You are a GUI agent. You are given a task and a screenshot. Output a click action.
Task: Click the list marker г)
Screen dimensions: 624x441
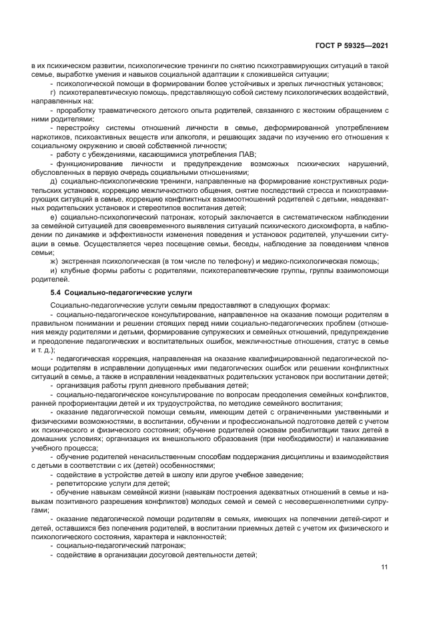pos(53,93)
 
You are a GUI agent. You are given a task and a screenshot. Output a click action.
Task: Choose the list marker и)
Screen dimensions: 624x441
pos(53,272)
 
